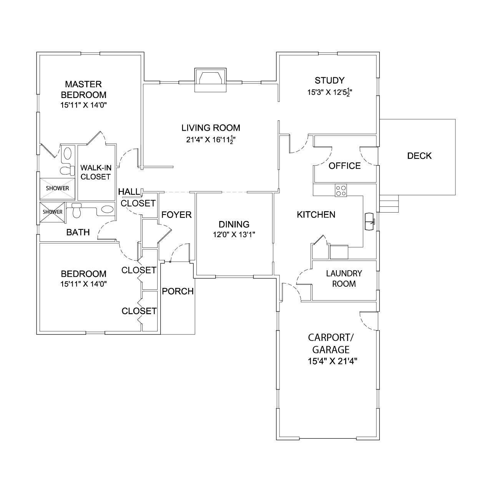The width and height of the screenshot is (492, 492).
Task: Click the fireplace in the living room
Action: (x=210, y=80)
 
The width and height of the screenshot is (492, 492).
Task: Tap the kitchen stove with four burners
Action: (x=341, y=191)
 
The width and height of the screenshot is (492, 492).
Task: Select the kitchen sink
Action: (x=370, y=221)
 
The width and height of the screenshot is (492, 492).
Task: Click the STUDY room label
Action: (x=330, y=80)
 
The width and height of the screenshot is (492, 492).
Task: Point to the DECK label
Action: (x=419, y=156)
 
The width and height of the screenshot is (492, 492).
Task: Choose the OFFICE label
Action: (x=344, y=166)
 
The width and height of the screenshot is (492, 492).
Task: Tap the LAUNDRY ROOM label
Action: (x=344, y=279)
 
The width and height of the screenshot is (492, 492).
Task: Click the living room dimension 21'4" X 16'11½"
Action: (x=211, y=140)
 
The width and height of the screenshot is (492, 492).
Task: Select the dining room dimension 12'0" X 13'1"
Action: (x=234, y=234)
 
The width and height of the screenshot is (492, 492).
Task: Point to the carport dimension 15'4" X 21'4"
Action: (x=332, y=361)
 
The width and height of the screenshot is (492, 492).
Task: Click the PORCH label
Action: (x=178, y=291)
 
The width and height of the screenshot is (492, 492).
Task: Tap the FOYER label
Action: (x=176, y=215)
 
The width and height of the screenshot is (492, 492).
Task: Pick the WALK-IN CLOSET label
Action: (x=96, y=172)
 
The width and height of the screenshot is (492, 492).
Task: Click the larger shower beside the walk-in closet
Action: (x=57, y=188)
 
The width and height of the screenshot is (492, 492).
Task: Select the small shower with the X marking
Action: (x=52, y=212)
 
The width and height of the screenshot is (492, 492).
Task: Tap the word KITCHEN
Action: (x=316, y=214)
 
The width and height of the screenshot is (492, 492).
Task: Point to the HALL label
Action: (x=129, y=192)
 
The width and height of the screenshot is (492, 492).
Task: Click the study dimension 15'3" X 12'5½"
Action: (x=330, y=92)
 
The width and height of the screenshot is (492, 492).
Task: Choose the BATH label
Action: (x=78, y=232)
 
